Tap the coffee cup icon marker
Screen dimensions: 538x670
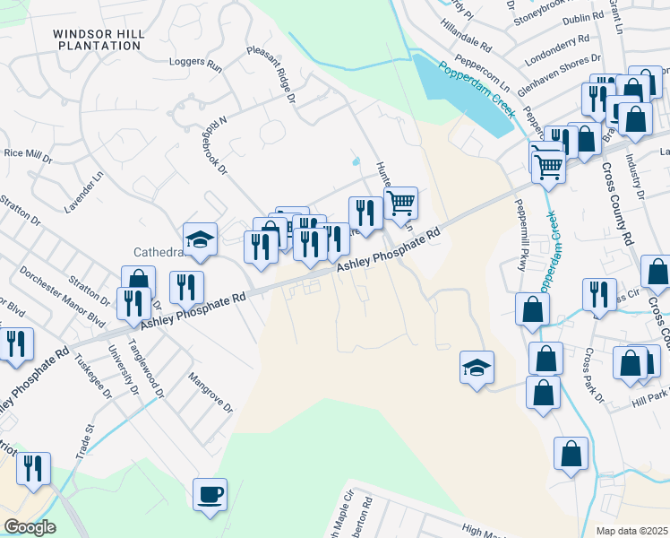[210, 494]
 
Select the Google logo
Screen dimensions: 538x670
[30, 527]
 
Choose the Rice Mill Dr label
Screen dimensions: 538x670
[27, 153]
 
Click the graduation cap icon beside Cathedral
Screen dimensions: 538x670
[201, 239]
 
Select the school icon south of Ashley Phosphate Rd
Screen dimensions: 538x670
[477, 367]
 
